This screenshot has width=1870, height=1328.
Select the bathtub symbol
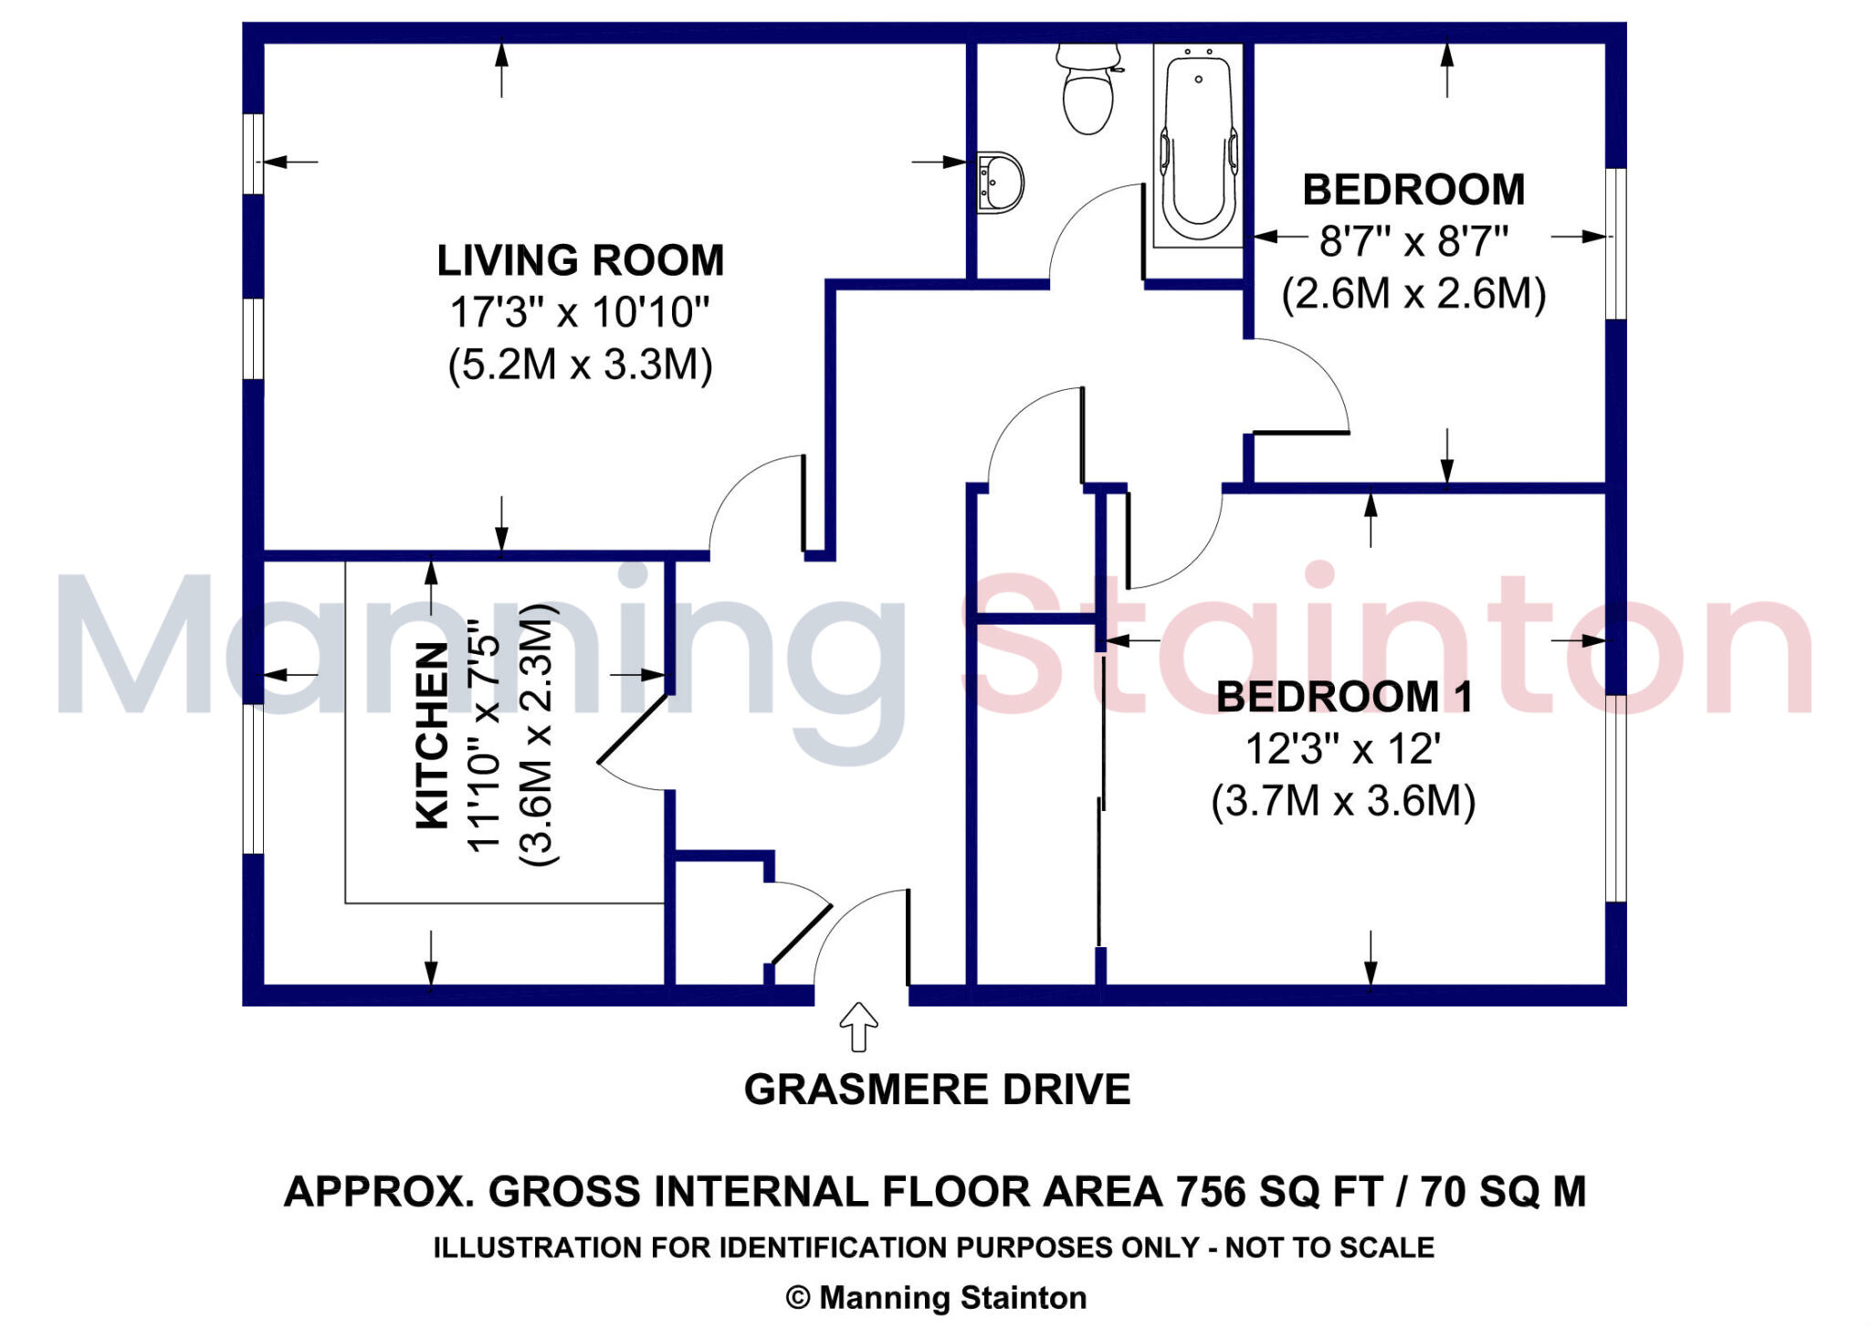click(1198, 146)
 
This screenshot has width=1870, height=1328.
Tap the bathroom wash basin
click(1001, 183)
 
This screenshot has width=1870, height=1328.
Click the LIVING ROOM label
click(581, 261)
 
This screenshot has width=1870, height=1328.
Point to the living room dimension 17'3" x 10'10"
click(580, 313)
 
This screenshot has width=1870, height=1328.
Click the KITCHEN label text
click(433, 735)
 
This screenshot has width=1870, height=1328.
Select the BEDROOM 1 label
click(1344, 698)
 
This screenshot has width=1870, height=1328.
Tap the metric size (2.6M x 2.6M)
click(1413, 294)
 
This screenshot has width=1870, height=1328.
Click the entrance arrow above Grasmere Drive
click(858, 1027)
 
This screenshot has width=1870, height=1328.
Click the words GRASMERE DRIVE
click(937, 1090)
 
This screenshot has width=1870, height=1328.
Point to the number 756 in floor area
click(1210, 1192)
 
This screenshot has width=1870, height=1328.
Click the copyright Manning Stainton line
click(937, 1298)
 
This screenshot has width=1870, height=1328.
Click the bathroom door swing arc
click(1092, 228)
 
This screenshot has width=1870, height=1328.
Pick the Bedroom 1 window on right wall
click(1615, 798)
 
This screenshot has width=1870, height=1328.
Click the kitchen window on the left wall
click(253, 779)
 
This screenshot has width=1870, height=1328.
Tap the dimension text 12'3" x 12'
click(1343, 750)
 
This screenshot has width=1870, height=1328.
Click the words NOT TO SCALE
click(1329, 1248)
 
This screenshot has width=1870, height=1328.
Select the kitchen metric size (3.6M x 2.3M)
click(538, 735)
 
